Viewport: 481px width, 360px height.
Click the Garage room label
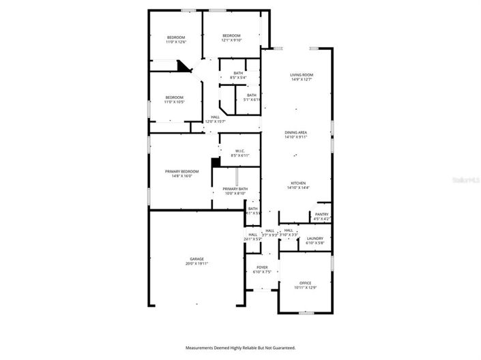(196, 260)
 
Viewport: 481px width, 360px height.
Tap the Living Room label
(301, 75)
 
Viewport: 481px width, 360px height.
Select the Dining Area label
(296, 132)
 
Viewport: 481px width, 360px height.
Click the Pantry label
(321, 214)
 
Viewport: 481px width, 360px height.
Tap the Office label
(305, 283)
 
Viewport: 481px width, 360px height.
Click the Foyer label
(262, 267)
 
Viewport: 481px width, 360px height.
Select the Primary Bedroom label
(181, 171)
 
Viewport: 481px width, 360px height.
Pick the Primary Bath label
(235, 189)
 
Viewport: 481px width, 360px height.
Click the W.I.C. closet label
(240, 151)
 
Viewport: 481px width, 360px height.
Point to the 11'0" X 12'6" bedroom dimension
(176, 42)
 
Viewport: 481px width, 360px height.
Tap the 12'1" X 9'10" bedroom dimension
(231, 40)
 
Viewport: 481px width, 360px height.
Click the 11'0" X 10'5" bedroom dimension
(175, 102)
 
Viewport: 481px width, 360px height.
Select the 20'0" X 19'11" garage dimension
(196, 264)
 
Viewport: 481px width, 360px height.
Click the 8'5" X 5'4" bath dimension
(238, 78)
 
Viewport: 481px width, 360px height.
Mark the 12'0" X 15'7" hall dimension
(216, 122)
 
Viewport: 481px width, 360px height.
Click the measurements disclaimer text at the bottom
(241, 348)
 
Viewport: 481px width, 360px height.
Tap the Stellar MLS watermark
(466, 180)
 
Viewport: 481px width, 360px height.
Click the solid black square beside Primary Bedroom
(215, 162)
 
